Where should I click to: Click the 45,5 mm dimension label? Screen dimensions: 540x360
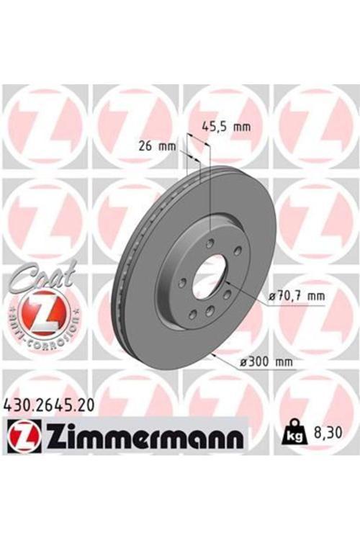tap(226, 127)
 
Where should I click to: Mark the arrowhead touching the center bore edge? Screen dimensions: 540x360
tap(226, 283)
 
